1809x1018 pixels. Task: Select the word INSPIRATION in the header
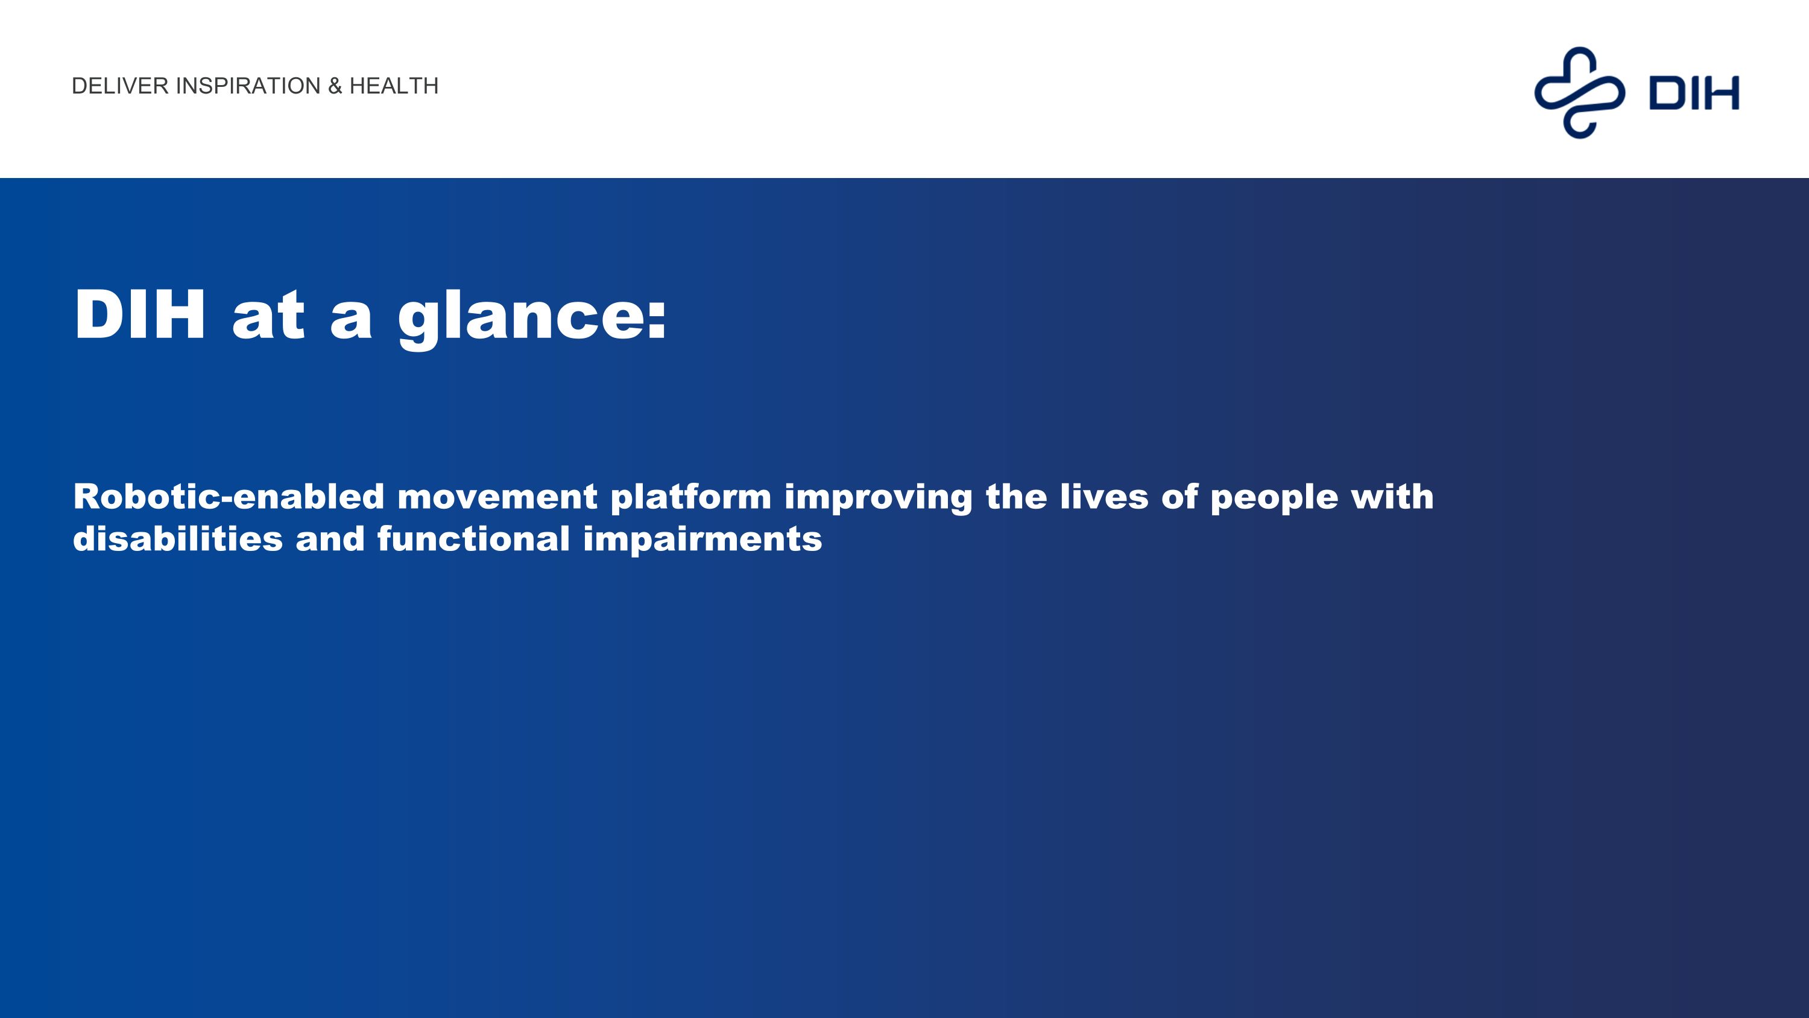click(248, 86)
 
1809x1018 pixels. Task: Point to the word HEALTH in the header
click(394, 86)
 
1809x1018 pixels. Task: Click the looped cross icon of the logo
click(1579, 93)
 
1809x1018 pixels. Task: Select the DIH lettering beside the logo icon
click(1693, 93)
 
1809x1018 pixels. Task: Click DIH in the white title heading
click(140, 315)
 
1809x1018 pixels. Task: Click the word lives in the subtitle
click(1104, 497)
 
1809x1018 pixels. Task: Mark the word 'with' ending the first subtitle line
click(1392, 497)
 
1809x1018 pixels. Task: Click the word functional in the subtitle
click(473, 539)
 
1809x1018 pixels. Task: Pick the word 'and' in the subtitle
click(330, 539)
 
